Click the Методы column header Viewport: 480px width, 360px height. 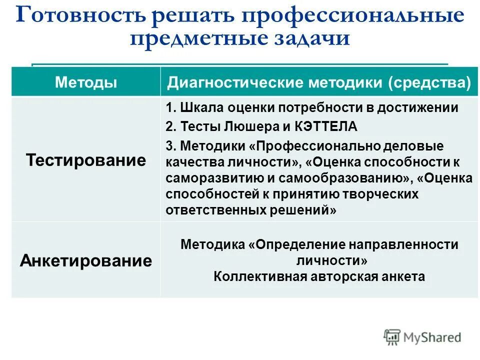click(86, 82)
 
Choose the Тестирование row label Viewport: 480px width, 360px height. click(86, 160)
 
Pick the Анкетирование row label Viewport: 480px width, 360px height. click(86, 260)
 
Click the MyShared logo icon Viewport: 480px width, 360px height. click(392, 337)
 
